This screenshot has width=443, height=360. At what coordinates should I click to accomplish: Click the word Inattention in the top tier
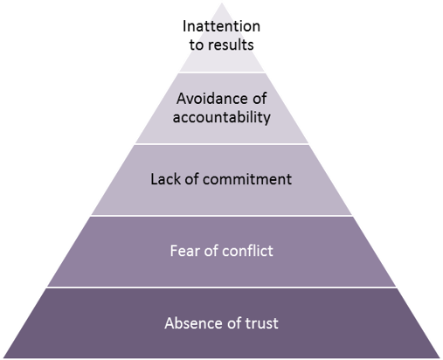point(221,26)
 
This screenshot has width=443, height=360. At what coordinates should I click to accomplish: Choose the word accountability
point(222,117)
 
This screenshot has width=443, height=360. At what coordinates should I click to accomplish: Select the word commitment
point(247,179)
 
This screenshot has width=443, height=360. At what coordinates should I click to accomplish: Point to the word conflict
point(247,251)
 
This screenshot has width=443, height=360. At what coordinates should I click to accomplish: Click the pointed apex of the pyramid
point(222,3)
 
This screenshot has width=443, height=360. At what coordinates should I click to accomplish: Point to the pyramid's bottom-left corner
point(3,357)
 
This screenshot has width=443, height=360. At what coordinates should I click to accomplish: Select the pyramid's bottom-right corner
point(440,357)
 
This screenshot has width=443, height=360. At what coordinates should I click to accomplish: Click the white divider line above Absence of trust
point(222,287)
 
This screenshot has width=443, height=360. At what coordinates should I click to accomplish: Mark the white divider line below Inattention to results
point(222,72)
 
